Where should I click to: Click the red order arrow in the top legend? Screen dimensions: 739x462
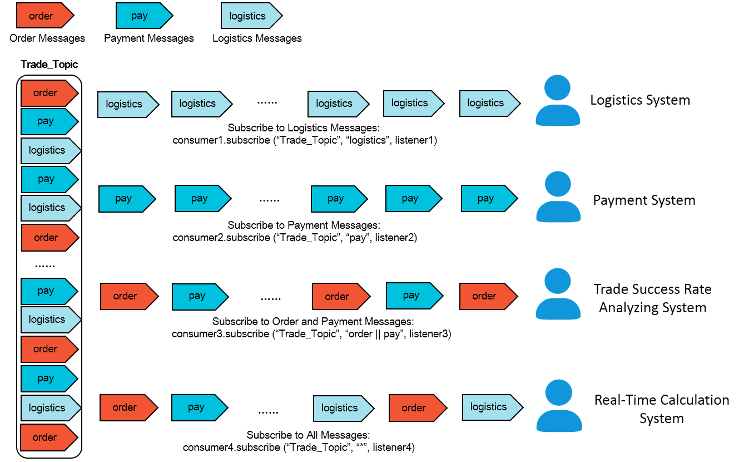click(x=45, y=16)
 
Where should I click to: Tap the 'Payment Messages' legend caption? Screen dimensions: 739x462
click(x=149, y=38)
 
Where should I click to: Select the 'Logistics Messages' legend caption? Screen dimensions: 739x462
click(x=257, y=38)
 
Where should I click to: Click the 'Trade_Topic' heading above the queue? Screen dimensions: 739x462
click(x=49, y=65)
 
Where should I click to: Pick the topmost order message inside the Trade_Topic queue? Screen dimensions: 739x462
click(x=49, y=93)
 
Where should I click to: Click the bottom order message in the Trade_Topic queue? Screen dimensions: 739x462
click(x=49, y=438)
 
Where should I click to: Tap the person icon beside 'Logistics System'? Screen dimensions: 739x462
click(x=558, y=100)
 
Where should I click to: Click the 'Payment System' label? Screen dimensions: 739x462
click(x=644, y=200)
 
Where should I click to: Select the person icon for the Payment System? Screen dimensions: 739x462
click(x=558, y=197)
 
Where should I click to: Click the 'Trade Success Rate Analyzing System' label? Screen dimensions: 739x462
click(x=653, y=298)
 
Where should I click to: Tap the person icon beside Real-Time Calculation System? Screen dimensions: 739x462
click(x=559, y=406)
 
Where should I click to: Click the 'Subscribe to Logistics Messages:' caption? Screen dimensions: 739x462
click(x=304, y=128)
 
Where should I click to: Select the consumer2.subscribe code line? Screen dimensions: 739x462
click(x=295, y=238)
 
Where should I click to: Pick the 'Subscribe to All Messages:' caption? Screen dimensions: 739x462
click(x=308, y=435)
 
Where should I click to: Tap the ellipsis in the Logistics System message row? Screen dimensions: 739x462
click(x=267, y=103)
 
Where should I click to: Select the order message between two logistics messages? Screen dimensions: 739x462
click(x=418, y=408)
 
